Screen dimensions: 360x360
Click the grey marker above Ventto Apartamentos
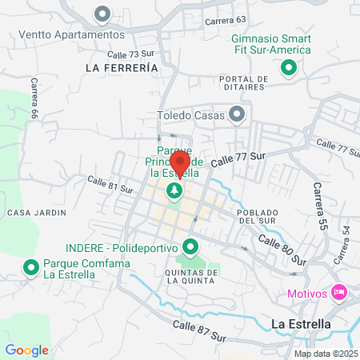click(x=102, y=14)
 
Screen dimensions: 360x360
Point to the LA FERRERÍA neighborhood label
click(x=121, y=69)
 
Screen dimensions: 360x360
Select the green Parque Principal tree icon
click(x=174, y=191)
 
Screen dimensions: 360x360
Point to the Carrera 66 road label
click(x=34, y=98)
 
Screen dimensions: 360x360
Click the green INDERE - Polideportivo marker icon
click(x=190, y=246)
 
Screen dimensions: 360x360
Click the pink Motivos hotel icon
click(x=338, y=294)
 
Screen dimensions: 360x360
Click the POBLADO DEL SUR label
click(x=257, y=217)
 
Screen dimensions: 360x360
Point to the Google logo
click(x=26, y=350)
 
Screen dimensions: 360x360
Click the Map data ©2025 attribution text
click(x=325, y=354)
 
